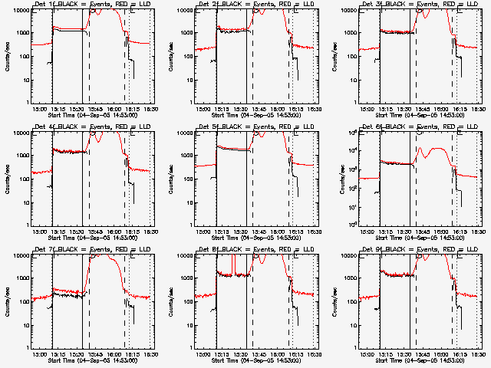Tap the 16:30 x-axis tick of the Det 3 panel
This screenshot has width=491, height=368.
click(477, 108)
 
